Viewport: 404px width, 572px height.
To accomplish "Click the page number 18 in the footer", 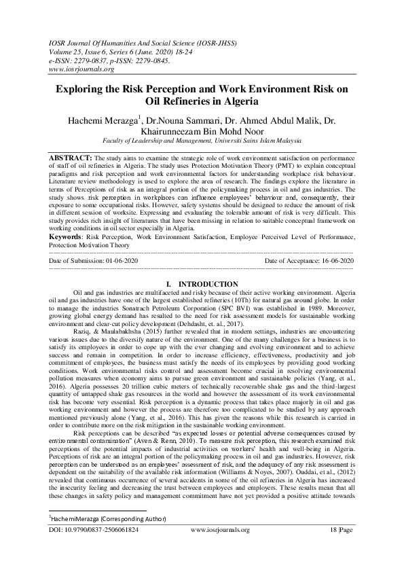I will [335, 547].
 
